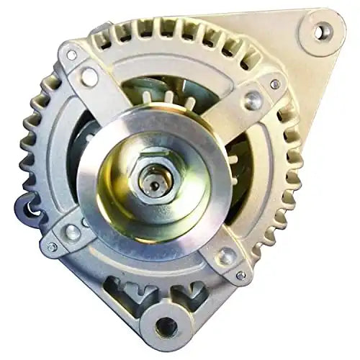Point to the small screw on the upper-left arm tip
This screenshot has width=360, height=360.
[71, 55]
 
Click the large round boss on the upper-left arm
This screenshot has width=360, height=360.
[89, 76]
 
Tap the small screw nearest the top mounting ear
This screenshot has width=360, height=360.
[275, 84]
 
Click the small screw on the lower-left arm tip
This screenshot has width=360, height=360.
[52, 246]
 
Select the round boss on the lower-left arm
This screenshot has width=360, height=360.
[72, 232]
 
